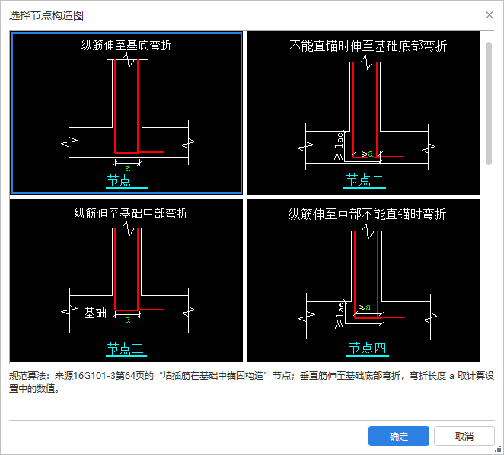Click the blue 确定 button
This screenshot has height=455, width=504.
pyautogui.click(x=399, y=436)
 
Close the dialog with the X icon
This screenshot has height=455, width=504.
pyautogui.click(x=490, y=14)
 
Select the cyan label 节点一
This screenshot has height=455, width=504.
pyautogui.click(x=126, y=180)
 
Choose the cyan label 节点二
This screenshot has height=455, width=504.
pyautogui.click(x=365, y=180)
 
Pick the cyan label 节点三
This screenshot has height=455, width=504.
pyautogui.click(x=126, y=348)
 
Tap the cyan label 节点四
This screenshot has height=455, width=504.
pyautogui.click(x=368, y=348)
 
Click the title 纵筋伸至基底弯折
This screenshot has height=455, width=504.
pyautogui.click(x=126, y=46)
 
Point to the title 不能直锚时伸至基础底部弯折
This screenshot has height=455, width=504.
pyautogui.click(x=368, y=46)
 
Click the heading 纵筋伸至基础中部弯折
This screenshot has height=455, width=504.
pyautogui.click(x=131, y=213)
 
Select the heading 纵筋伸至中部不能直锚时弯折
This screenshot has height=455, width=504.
pyautogui.click(x=367, y=214)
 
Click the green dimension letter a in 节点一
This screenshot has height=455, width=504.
pyautogui.click(x=128, y=168)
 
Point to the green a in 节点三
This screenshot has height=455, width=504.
pyautogui.click(x=128, y=320)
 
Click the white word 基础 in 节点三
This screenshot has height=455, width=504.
pyautogui.click(x=95, y=313)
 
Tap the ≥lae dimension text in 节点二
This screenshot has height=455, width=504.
pyautogui.click(x=339, y=146)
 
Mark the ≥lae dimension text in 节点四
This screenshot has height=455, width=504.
pyautogui.click(x=340, y=316)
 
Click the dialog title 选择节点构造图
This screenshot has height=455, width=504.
pyautogui.click(x=46, y=15)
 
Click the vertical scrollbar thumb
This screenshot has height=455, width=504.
pyautogui.click(x=489, y=103)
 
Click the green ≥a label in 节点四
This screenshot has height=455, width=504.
pyautogui.click(x=365, y=307)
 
